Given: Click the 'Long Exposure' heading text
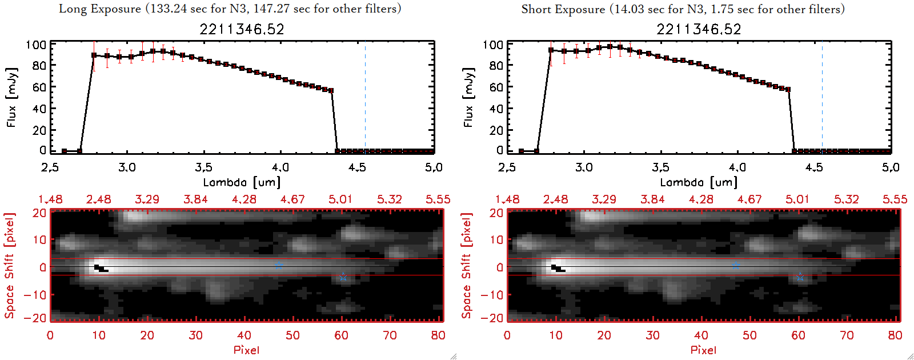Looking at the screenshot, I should click(100, 9).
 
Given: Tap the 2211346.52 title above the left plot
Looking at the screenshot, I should click(242, 29).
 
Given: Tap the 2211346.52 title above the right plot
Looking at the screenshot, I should click(699, 29).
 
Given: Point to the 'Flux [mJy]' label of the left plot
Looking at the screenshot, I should click(12, 97).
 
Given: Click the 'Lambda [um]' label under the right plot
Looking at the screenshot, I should click(699, 182).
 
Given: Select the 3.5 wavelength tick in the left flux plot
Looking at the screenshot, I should click(203, 167).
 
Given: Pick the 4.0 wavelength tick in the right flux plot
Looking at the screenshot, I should click(737, 167).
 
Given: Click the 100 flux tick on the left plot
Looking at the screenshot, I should click(36, 45).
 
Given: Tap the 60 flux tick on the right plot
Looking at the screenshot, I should click(496, 87).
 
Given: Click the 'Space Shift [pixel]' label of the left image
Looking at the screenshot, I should click(9, 266).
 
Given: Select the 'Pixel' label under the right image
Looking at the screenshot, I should click(703, 350).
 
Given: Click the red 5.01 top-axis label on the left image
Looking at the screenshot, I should click(340, 199).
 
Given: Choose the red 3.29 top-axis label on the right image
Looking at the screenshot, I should click(604, 199).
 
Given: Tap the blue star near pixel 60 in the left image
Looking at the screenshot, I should click(343, 277).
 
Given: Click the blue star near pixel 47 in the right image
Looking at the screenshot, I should click(736, 265).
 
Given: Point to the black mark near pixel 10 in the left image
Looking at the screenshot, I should click(101, 268).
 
